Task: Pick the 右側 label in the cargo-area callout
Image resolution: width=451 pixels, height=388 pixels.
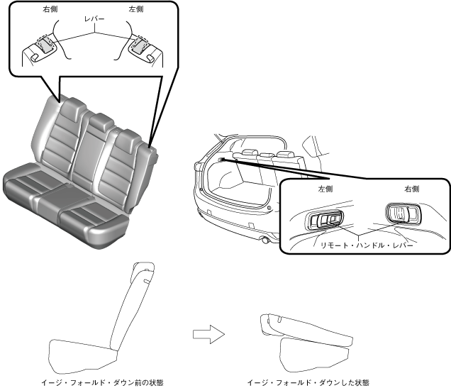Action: pos(411,190)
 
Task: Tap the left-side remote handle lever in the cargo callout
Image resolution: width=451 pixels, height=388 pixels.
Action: pos(324,220)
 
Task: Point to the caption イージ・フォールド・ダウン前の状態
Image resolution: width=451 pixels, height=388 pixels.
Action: pos(113,382)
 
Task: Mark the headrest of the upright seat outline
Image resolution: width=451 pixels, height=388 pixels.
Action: pos(144,269)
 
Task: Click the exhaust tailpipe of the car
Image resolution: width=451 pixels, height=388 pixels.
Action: pos(265,240)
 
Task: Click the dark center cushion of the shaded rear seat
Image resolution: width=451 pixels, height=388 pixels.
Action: pos(67,192)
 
